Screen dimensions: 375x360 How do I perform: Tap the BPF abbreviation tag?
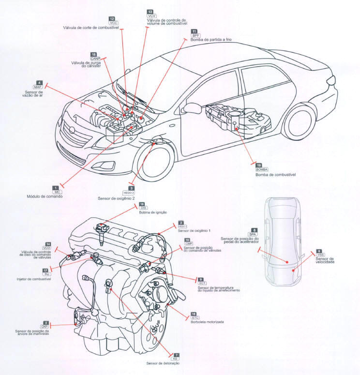coord(195,35)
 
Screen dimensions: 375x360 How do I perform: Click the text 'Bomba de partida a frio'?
coord(212,40)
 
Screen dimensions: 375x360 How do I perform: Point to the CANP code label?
coord(94,59)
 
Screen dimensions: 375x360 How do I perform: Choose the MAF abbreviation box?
coord(38,87)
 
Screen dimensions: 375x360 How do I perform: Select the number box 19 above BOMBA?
coord(258,165)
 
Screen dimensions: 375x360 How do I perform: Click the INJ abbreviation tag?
coord(46,274)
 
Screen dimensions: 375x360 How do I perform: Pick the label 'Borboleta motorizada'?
coord(207,322)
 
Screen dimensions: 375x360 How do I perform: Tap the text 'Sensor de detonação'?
coord(163,363)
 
